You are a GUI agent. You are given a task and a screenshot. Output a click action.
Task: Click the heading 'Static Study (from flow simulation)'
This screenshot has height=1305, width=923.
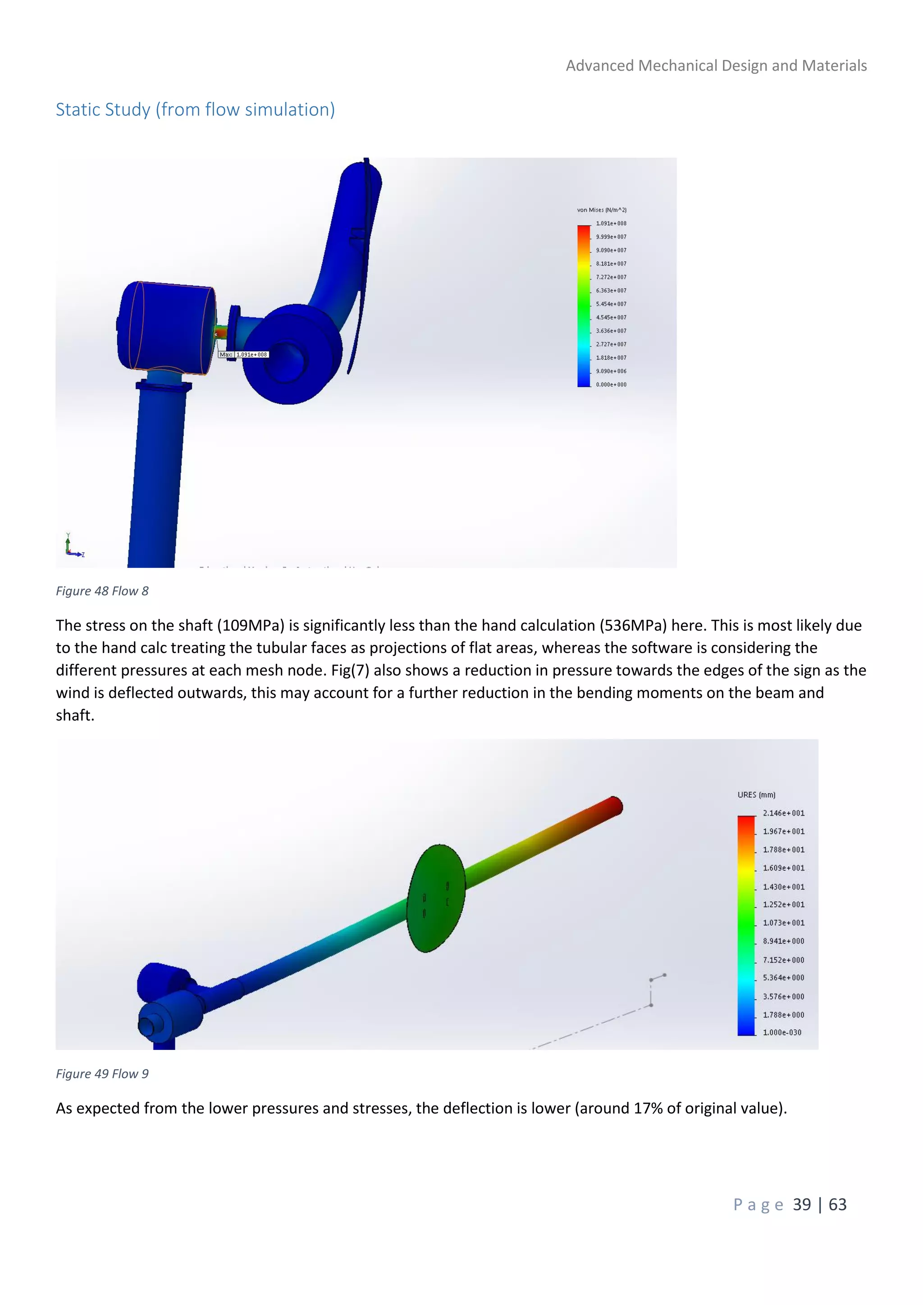pyautogui.click(x=195, y=109)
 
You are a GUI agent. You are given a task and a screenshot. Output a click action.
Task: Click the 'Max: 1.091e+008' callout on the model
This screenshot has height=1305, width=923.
pyautogui.click(x=243, y=355)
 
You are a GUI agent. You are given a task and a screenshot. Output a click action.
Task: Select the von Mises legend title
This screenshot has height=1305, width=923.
pyautogui.click(x=601, y=210)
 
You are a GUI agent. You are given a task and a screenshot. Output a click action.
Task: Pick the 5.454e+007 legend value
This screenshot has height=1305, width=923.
pyautogui.click(x=611, y=304)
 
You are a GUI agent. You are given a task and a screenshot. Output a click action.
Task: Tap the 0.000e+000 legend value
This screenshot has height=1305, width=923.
pyautogui.click(x=611, y=385)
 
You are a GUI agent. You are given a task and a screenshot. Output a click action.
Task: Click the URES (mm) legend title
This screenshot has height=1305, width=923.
pyautogui.click(x=756, y=794)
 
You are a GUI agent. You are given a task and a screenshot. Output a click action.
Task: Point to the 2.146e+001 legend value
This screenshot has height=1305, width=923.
pyautogui.click(x=783, y=813)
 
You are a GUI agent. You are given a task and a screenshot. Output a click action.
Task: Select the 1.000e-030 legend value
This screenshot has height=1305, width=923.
pyautogui.click(x=782, y=1032)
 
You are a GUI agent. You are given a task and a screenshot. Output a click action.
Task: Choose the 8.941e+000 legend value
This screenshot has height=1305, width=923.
pyautogui.click(x=783, y=941)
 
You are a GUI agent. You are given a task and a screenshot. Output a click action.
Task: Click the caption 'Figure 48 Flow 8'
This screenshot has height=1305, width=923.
pyautogui.click(x=102, y=591)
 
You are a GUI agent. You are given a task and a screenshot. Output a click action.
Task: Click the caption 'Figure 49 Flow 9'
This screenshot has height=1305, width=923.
pyautogui.click(x=102, y=1074)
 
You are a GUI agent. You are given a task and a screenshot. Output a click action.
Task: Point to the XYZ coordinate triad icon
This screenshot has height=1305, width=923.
pyautogui.click(x=72, y=546)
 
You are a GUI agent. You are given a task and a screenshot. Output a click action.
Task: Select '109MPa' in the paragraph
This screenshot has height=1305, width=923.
pyautogui.click(x=251, y=626)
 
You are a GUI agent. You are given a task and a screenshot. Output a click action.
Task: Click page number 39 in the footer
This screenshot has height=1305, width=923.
pyautogui.click(x=801, y=1205)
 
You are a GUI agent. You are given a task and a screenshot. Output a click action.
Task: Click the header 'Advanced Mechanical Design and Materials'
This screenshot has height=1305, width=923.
pyautogui.click(x=716, y=66)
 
